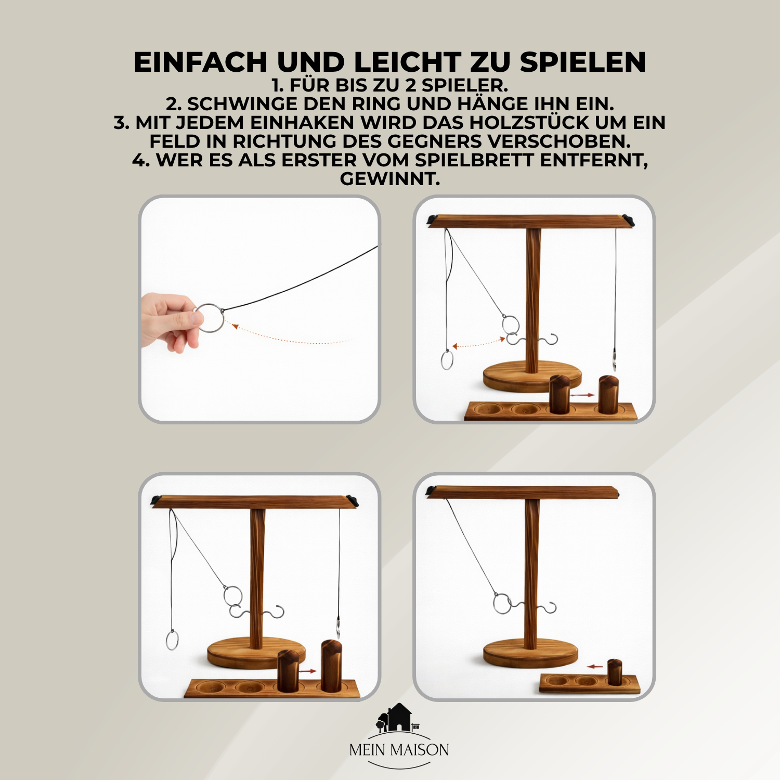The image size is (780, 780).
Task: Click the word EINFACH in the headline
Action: (x=200, y=62)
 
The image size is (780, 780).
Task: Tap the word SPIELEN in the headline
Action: (x=582, y=62)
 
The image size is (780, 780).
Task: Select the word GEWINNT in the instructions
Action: (x=389, y=179)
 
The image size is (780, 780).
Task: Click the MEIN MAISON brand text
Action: (x=399, y=750)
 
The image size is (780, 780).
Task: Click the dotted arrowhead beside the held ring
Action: (x=235, y=326)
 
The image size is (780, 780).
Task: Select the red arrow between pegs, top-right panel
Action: (x=582, y=395)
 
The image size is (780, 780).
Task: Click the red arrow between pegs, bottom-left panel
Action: (x=307, y=671)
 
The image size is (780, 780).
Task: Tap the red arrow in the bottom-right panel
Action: (x=595, y=666)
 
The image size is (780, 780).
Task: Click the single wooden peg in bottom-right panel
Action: (x=615, y=672)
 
